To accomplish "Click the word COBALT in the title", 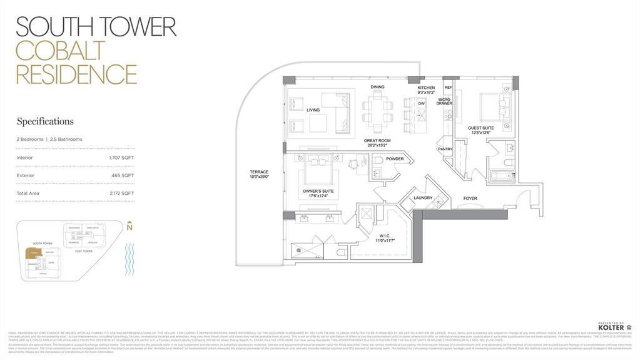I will click(x=60, y=51).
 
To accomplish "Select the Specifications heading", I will click(x=45, y=121).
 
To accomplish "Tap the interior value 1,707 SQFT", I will click(x=121, y=158).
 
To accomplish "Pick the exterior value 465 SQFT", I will click(x=123, y=175).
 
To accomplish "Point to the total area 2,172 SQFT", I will click(x=122, y=193).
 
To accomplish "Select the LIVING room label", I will click(x=313, y=110).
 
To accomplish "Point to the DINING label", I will click(x=377, y=87).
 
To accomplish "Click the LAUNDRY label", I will click(x=423, y=198).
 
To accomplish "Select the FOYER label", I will click(x=470, y=198).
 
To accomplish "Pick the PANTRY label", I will click(x=445, y=149).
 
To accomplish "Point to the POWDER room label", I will click(x=395, y=159).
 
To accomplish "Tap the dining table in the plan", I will click(x=377, y=111).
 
